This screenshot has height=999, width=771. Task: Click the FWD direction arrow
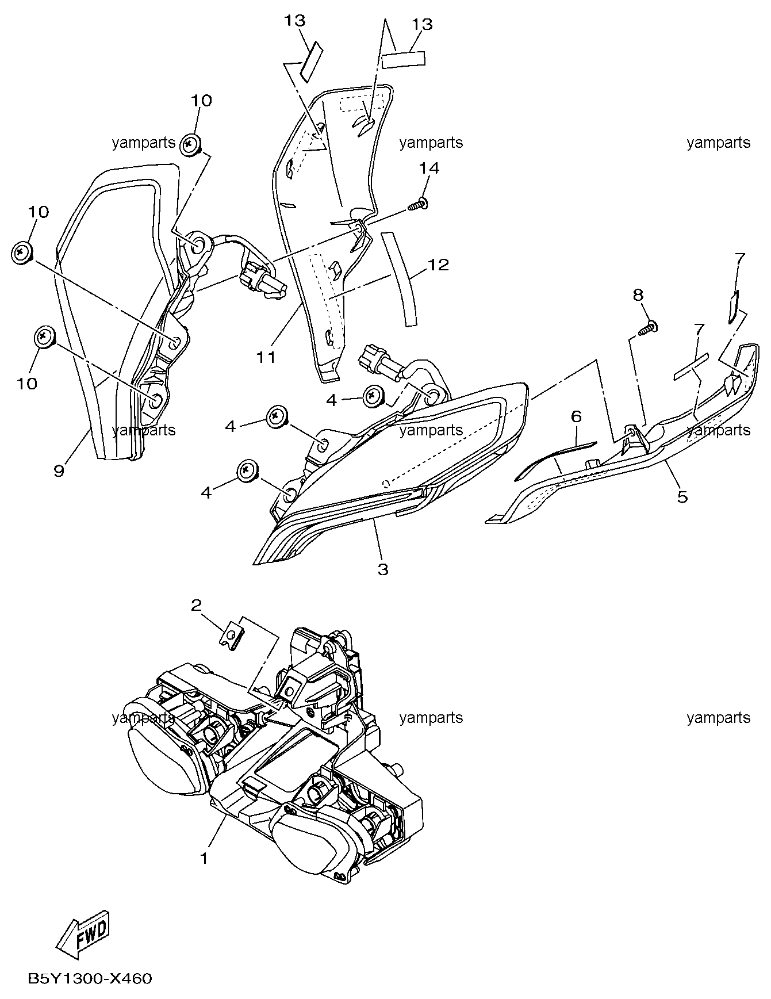(x=84, y=934)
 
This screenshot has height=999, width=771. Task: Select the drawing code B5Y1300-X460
(x=89, y=978)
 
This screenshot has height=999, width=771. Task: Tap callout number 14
(x=429, y=168)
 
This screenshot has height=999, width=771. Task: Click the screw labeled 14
(x=419, y=204)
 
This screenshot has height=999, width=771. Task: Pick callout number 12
(x=438, y=265)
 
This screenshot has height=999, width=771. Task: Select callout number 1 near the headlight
(x=204, y=858)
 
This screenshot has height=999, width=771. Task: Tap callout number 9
(x=59, y=470)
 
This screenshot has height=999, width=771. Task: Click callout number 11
(x=266, y=357)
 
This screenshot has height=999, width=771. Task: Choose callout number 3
(x=383, y=569)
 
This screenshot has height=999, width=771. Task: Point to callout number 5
(x=682, y=496)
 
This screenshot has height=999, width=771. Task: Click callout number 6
(x=577, y=416)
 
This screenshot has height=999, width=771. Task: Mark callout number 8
(x=638, y=295)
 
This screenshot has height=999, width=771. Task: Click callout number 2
(x=196, y=604)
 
